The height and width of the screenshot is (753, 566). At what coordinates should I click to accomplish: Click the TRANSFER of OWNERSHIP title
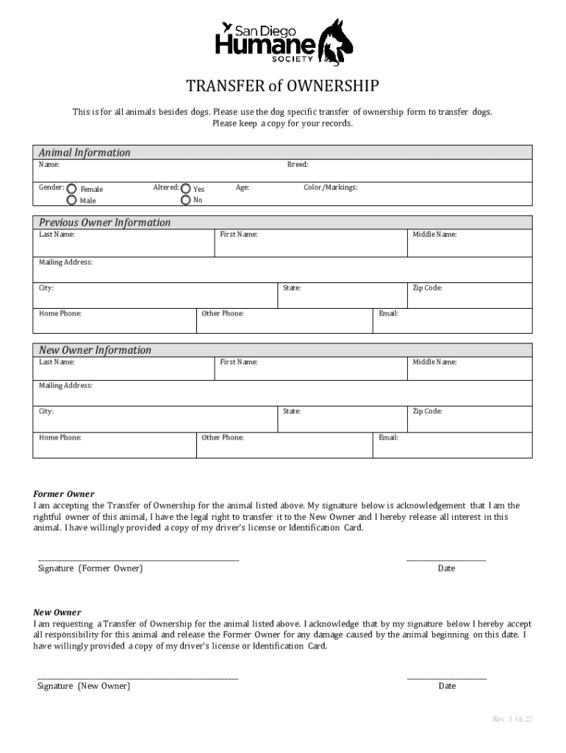click(x=283, y=88)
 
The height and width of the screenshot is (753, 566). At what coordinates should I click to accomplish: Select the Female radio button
click(x=72, y=189)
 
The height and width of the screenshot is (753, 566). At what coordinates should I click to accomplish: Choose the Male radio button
click(x=72, y=200)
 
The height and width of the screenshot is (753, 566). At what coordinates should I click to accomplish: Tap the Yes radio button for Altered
click(x=185, y=189)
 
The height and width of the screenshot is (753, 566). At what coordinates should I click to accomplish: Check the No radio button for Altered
click(x=185, y=200)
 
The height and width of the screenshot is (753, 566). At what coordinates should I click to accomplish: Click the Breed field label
click(x=297, y=165)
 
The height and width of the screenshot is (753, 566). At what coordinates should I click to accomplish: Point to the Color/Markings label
click(x=331, y=188)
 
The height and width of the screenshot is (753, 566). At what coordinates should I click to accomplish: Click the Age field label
click(x=243, y=188)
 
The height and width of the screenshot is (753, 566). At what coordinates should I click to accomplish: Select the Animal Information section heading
click(x=85, y=152)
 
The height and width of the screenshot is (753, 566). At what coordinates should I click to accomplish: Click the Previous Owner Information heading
click(x=104, y=222)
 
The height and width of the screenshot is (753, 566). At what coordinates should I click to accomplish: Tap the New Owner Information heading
click(x=95, y=350)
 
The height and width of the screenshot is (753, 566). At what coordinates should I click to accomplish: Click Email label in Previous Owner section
click(x=388, y=314)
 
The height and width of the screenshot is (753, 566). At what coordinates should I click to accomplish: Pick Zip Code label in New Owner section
click(x=427, y=412)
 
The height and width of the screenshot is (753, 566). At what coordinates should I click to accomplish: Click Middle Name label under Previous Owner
click(x=434, y=235)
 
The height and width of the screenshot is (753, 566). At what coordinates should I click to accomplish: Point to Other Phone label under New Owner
click(x=223, y=438)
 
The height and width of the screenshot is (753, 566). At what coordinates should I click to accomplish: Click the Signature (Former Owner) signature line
click(x=138, y=561)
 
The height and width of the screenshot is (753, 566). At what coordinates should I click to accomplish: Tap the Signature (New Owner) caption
click(x=84, y=686)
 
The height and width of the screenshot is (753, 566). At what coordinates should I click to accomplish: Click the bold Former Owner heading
click(x=64, y=494)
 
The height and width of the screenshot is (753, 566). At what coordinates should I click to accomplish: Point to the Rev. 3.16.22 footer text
click(x=512, y=718)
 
